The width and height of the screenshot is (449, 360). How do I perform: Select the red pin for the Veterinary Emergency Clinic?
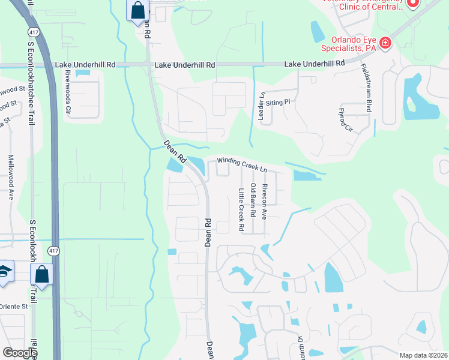click(x=412, y=4)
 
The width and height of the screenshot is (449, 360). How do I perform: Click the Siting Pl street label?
click(x=278, y=102)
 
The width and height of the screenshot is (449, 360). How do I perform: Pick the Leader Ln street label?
click(x=261, y=106)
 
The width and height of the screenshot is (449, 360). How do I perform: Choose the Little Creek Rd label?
click(x=241, y=210)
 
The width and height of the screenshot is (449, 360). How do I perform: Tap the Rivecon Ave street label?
click(x=264, y=201)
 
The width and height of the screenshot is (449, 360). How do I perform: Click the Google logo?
click(x=19, y=353)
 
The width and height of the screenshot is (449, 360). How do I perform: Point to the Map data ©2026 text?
click(x=423, y=355)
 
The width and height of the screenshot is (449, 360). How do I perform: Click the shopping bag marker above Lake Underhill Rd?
click(x=137, y=10)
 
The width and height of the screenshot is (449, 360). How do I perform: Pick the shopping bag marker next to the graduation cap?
click(x=43, y=274)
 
